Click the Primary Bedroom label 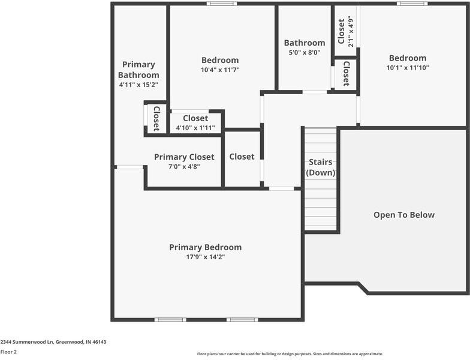205,247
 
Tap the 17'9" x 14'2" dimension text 205,257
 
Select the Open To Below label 404,215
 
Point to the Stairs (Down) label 321,167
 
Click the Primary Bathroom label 138,70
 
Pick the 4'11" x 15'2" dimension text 138,85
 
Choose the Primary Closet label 184,157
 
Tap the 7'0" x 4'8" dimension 184,167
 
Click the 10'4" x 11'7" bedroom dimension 220,70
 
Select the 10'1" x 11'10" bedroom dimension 408,68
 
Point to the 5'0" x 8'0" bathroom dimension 305,52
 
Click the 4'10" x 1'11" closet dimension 195,128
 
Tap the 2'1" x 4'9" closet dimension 351,32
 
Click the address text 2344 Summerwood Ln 53,342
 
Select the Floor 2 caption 8,352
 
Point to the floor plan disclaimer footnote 290,354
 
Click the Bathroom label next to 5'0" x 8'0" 305,43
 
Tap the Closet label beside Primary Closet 242,157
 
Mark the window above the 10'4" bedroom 221,4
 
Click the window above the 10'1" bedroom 412,4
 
